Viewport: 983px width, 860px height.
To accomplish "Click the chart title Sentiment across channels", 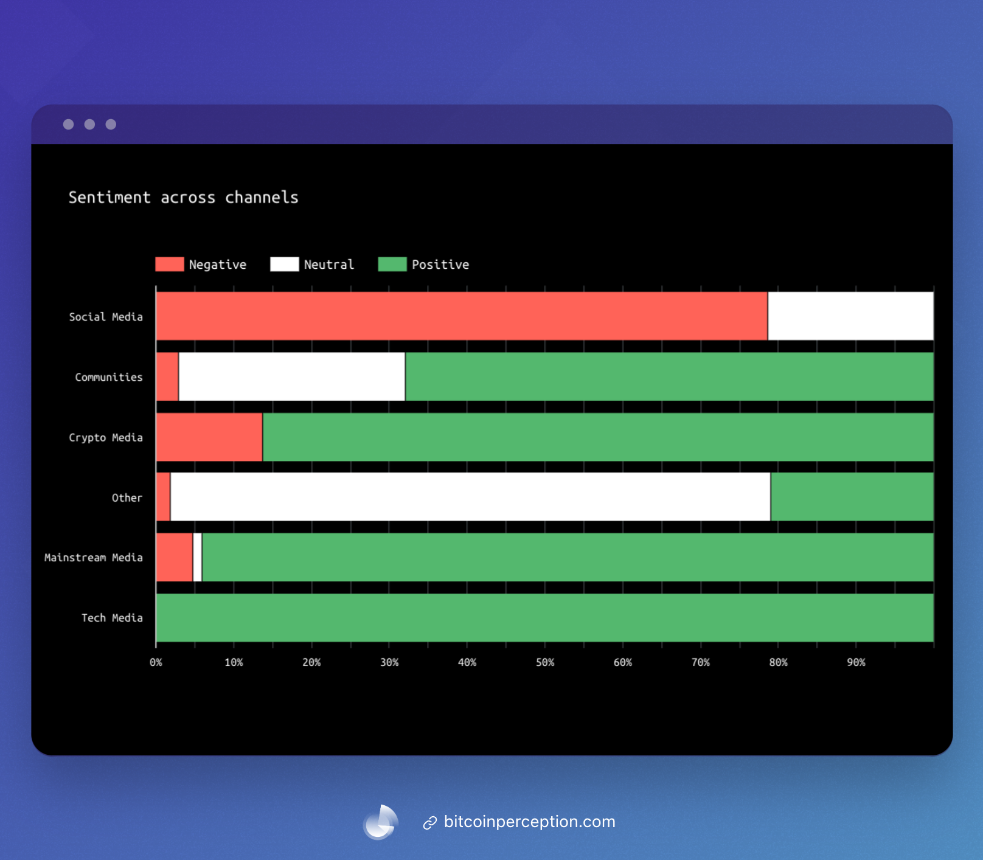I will (x=183, y=198).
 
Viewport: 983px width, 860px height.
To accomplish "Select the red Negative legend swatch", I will (x=169, y=264).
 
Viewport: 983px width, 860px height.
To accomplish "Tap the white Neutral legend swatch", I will (x=284, y=264).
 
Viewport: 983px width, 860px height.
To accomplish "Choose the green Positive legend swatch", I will (x=392, y=264).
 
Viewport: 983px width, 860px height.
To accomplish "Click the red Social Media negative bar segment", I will (x=461, y=316).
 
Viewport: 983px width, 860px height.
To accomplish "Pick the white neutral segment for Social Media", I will (x=850, y=316).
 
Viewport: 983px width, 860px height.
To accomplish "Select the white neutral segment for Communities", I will (x=291, y=376).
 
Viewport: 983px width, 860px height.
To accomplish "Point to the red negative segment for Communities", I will (x=167, y=376).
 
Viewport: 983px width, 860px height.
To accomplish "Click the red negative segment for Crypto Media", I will (x=209, y=437).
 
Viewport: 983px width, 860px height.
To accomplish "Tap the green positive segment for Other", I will (x=852, y=497).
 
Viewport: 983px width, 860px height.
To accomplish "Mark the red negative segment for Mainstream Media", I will (x=174, y=557).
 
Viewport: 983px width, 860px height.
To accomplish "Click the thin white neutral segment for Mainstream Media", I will (x=197, y=557).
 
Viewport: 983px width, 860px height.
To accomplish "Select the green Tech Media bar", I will (x=544, y=617).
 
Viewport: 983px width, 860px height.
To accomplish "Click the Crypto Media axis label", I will (x=106, y=437).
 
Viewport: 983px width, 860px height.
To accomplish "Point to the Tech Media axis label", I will (x=112, y=618).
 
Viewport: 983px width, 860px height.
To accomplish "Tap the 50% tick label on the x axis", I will (x=545, y=662).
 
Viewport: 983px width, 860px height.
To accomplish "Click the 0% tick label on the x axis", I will (x=156, y=662).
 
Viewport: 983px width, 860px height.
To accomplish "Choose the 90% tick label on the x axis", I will (x=856, y=662).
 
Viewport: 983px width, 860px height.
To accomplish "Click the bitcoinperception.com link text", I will (x=529, y=822).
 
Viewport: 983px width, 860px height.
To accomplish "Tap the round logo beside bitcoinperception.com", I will (x=380, y=822).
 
